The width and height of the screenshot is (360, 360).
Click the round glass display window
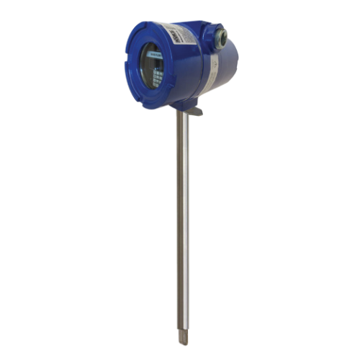pos(155,65)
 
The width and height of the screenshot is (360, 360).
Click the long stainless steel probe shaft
pos(184,216)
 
